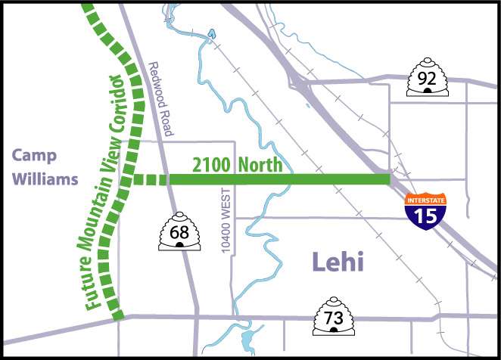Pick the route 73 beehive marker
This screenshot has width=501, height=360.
point(334,318)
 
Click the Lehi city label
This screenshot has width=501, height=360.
point(338,263)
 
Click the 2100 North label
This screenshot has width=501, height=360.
point(226,164)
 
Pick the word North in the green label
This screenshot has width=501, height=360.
point(257,164)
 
